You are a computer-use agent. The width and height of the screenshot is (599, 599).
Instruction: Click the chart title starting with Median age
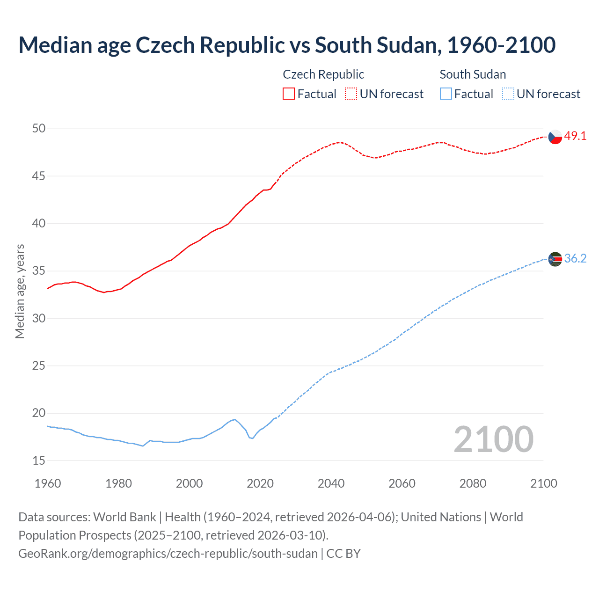(x=287, y=45)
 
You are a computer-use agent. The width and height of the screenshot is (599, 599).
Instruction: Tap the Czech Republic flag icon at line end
(x=555, y=137)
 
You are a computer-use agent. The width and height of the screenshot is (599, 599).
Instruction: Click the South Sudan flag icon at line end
(x=555, y=259)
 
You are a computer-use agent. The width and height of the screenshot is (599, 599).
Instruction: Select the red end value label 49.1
(x=575, y=136)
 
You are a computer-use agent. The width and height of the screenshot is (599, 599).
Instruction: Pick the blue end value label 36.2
(x=575, y=258)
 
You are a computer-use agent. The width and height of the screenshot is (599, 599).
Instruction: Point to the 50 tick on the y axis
(x=39, y=129)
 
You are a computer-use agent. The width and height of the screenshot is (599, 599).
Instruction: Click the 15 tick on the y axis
(x=39, y=461)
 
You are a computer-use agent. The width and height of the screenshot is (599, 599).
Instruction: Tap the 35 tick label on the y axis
(x=39, y=271)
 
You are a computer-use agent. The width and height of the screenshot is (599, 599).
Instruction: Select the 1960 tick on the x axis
(x=48, y=483)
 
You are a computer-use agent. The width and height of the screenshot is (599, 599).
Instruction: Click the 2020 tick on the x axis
(x=260, y=483)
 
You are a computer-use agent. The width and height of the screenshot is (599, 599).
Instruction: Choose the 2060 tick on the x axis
(x=402, y=483)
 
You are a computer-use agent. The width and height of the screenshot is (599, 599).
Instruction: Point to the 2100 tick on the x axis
(x=544, y=483)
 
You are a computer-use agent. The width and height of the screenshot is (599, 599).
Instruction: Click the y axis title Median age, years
(x=20, y=291)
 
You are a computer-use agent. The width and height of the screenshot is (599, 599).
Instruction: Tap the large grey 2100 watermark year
(x=493, y=439)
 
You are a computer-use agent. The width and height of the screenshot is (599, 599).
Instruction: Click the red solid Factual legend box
(x=289, y=94)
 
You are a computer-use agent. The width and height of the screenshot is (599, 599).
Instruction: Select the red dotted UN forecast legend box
(x=351, y=94)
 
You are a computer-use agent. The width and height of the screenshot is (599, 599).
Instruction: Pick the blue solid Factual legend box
(x=446, y=94)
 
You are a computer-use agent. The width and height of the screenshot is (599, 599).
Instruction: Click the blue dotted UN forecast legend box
(x=508, y=94)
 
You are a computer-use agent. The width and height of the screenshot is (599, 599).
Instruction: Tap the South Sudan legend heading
(x=473, y=74)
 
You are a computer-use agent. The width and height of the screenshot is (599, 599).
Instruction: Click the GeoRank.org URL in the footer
(x=168, y=554)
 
